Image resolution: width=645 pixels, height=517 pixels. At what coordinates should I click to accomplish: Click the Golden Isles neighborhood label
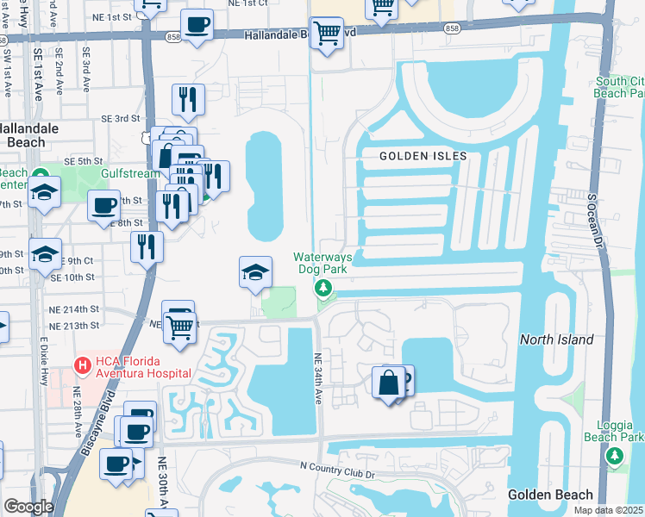[423, 156]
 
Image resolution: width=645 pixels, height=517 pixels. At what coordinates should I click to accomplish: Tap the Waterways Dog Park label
[323, 263]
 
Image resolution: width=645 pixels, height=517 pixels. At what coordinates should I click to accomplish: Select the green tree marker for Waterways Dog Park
[324, 287]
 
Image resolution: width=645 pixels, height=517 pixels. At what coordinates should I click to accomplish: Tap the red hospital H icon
[82, 365]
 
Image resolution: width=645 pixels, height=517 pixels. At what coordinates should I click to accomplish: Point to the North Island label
[556, 339]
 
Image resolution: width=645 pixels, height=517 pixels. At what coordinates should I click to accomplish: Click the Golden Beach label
[550, 494]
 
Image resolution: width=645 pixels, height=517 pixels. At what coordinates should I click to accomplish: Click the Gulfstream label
[130, 173]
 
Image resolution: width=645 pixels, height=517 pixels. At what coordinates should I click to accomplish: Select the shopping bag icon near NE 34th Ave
[389, 382]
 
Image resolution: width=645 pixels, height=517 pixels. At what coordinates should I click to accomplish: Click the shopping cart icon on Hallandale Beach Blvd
[327, 34]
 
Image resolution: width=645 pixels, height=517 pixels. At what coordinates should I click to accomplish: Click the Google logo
[28, 507]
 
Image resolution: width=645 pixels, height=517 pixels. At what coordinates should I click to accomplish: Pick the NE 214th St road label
[76, 308]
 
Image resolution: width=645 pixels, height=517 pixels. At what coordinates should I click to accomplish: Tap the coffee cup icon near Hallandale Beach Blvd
[197, 25]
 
